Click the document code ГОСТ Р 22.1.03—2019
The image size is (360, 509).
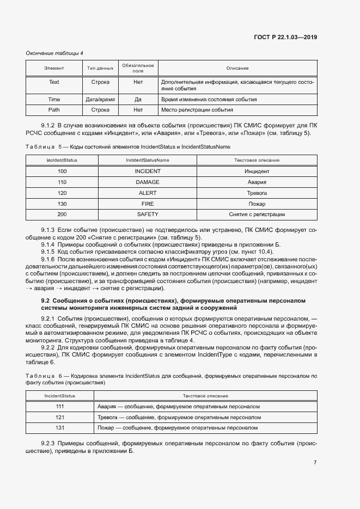click(285, 38)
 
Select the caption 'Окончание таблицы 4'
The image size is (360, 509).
click(54, 53)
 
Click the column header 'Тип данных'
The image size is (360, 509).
click(100, 68)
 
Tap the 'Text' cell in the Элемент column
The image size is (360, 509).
click(54, 82)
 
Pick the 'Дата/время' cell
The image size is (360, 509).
click(100, 100)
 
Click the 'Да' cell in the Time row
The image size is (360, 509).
click(138, 100)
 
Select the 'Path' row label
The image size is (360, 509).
click(54, 109)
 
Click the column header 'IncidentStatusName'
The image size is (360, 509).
click(147, 160)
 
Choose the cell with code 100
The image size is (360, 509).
click(62, 171)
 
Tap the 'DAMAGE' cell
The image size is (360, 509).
click(147, 182)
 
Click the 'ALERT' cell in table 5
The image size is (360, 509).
click(147, 193)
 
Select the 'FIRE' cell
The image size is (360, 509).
click(147, 204)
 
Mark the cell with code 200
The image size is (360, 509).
click(62, 214)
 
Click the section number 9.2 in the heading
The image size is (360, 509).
click(46, 301)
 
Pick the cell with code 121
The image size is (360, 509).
click(60, 418)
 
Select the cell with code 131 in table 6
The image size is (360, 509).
click(60, 428)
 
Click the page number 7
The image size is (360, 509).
click(315, 463)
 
